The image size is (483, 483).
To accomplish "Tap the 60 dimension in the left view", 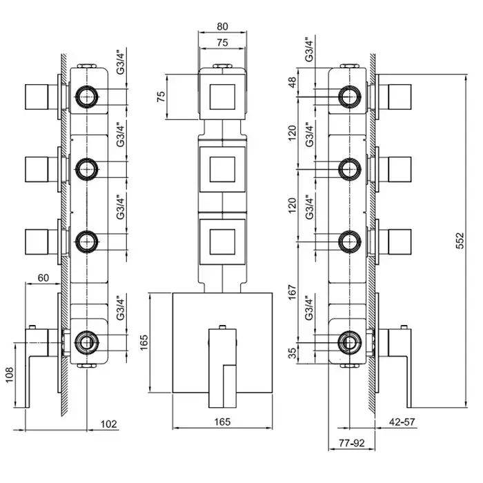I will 43,277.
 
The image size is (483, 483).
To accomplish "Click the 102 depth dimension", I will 108,423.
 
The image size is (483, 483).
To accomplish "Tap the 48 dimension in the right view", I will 292,84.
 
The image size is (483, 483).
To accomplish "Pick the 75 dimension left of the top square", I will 161,96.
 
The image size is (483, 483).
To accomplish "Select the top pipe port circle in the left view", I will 86,96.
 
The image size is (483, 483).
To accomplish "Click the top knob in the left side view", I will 39,96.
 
